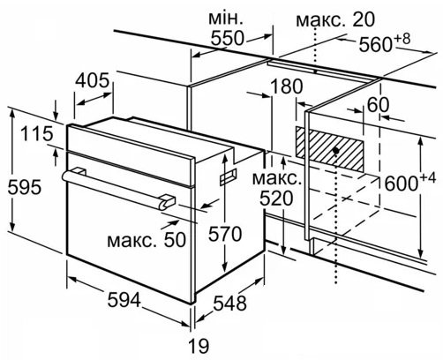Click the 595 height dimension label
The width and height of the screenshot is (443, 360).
[x=25, y=187]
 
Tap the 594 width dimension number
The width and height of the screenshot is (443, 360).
[x=124, y=300]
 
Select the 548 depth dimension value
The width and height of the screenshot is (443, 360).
[x=229, y=304]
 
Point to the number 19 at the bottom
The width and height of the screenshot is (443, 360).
[x=199, y=346]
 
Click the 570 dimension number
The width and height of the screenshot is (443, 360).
[x=225, y=235]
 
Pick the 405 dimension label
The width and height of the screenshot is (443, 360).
[x=93, y=80]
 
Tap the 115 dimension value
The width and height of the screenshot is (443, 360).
[x=37, y=133]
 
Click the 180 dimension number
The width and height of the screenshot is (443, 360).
[x=286, y=86]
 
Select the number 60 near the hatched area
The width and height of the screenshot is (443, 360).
[x=379, y=105]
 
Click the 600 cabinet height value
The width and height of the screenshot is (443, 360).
[x=402, y=184]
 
